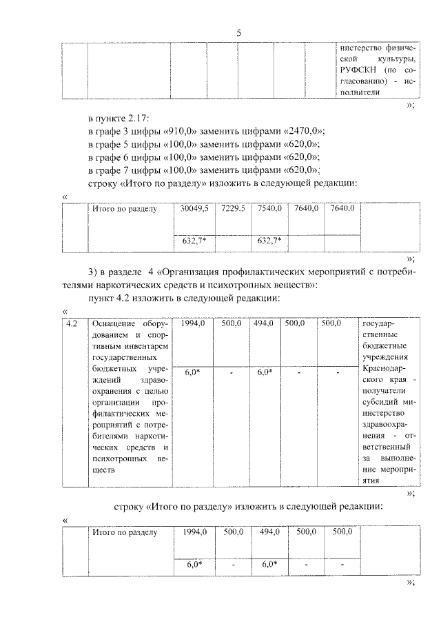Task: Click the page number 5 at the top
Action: click(238, 32)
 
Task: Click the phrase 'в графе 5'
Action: click(110, 145)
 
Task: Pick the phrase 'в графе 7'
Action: click(110, 170)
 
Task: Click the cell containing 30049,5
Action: click(194, 208)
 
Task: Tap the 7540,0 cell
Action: click(269, 208)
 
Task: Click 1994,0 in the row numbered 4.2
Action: click(194, 323)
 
